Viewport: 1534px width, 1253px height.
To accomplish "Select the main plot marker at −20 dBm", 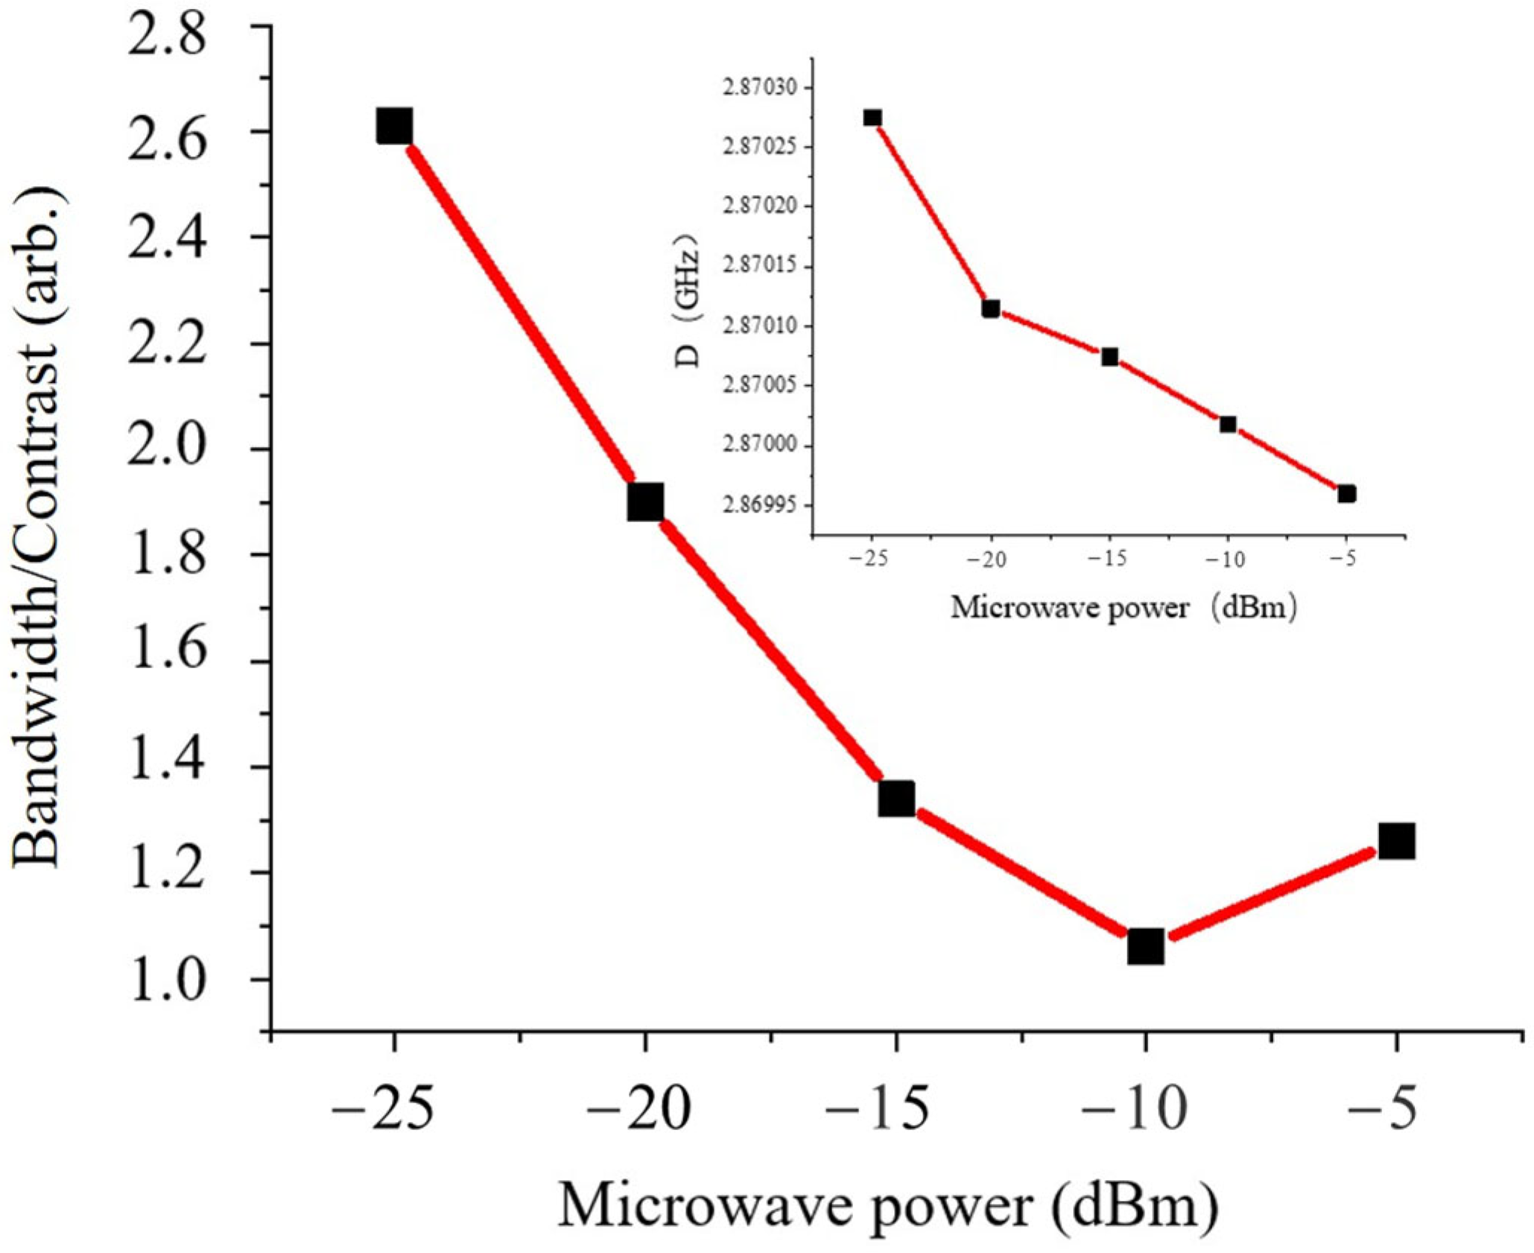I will [645, 502].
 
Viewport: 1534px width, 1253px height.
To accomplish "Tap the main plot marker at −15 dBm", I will [896, 799].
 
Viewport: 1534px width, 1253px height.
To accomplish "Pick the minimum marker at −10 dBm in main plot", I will [1145, 947].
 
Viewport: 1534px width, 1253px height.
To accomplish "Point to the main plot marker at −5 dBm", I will [1396, 842].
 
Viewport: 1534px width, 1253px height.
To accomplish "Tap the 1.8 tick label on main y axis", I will [166, 556].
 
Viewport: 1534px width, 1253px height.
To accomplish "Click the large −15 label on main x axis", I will [879, 1110].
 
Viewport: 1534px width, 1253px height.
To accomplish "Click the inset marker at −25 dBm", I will [872, 118].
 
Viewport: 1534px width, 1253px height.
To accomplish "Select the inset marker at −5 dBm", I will [1346, 493].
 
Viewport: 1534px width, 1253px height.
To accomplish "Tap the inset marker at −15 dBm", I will [1110, 357].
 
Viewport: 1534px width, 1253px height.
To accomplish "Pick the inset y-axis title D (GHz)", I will [687, 302].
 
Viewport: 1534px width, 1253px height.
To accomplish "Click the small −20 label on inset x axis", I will [989, 559].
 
